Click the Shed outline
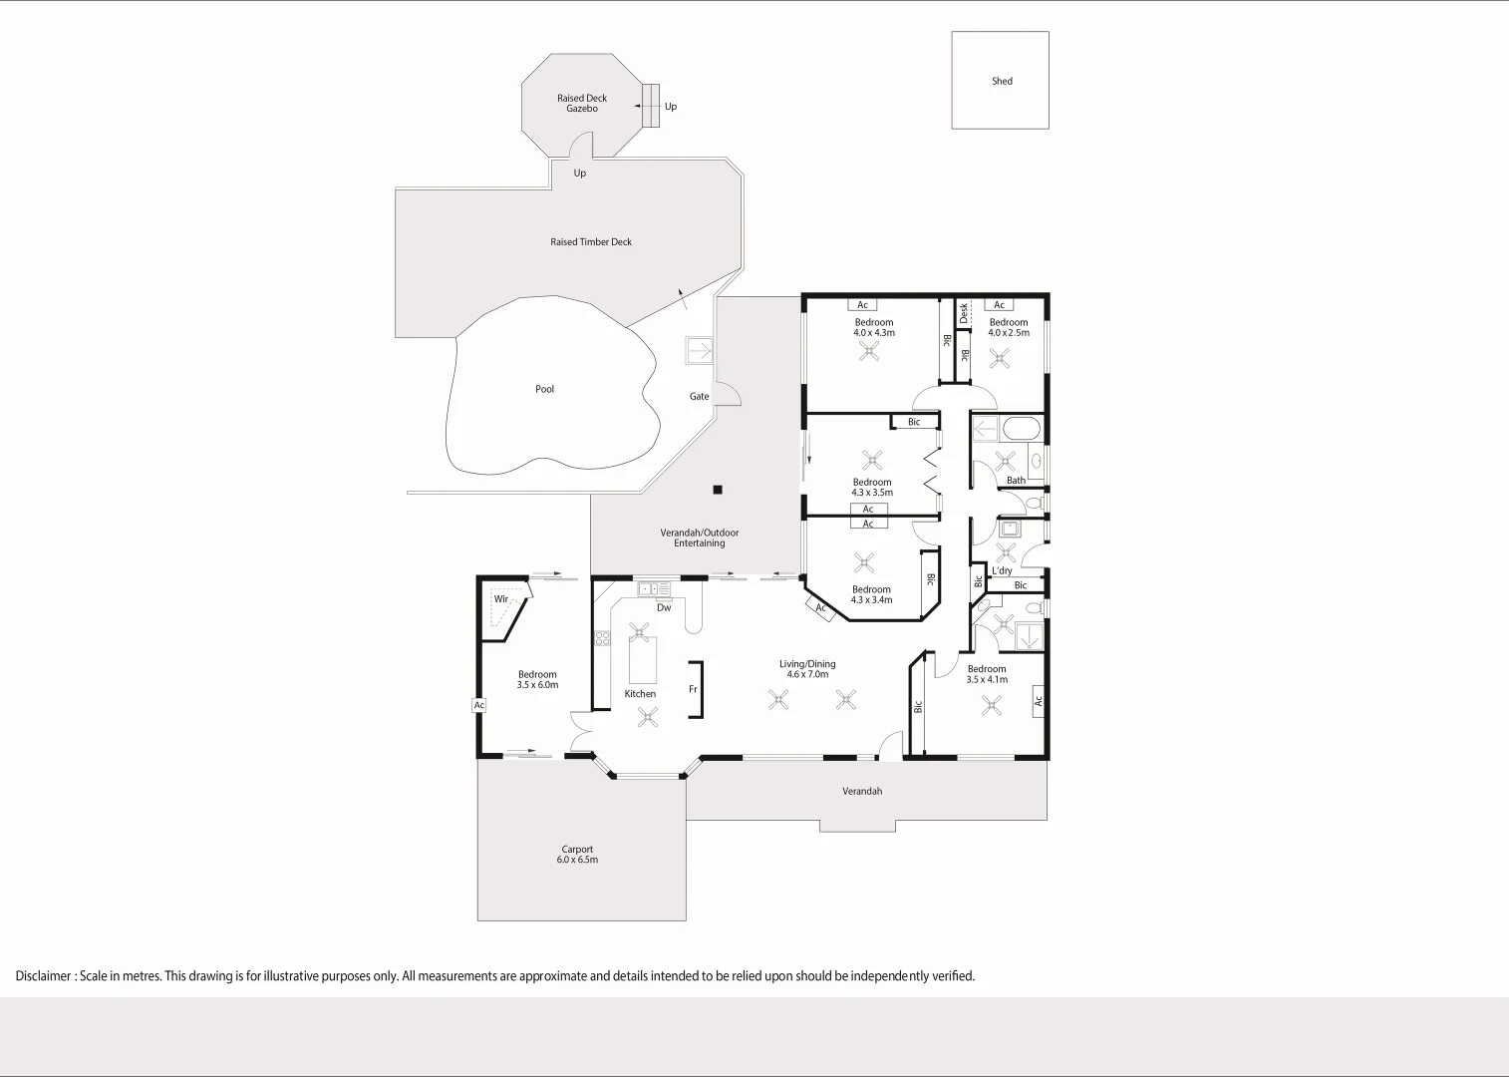(1000, 81)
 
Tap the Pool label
(544, 389)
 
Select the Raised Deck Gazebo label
(582, 103)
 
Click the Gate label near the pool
(699, 396)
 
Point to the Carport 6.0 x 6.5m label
(577, 855)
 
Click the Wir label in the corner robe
(500, 599)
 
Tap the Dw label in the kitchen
(664, 607)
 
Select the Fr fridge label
(693, 689)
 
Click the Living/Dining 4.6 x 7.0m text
(807, 669)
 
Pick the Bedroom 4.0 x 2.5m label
(1009, 327)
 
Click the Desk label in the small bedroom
(964, 313)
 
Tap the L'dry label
(1002, 570)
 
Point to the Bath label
(1016, 480)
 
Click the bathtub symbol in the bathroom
(1021, 430)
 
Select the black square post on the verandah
(717, 490)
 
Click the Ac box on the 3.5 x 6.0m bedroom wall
(478, 705)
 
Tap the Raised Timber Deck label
(591, 241)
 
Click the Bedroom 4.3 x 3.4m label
(871, 594)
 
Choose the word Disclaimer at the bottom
(43, 976)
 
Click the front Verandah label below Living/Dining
(862, 791)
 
